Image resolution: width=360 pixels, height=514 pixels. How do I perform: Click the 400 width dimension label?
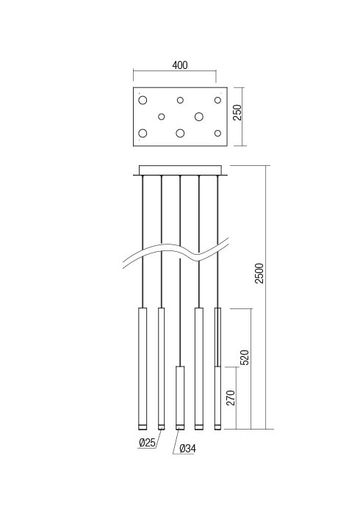click(x=180, y=65)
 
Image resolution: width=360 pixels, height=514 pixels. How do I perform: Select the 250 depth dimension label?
click(x=237, y=112)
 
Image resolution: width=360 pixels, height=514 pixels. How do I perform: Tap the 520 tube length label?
click(x=245, y=357)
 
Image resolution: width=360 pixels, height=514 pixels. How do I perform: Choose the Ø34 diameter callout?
click(x=187, y=449)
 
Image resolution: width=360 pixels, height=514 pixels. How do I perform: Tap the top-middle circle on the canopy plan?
click(x=180, y=100)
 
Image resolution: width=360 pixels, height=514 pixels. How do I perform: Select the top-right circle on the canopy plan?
click(x=217, y=100)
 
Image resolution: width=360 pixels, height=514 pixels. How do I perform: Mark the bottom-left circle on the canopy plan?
click(x=143, y=133)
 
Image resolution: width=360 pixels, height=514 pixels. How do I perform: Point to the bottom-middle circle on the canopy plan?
click(x=180, y=133)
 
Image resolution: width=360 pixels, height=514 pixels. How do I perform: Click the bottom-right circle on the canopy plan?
click(x=217, y=133)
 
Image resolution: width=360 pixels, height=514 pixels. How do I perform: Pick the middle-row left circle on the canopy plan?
click(x=162, y=116)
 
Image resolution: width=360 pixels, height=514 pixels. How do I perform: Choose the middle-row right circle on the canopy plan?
click(x=198, y=116)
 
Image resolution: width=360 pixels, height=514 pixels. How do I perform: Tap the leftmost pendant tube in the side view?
click(x=143, y=367)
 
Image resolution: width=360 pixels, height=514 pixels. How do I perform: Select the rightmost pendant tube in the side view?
click(x=217, y=367)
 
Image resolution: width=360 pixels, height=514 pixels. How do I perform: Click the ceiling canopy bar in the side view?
click(x=180, y=170)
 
